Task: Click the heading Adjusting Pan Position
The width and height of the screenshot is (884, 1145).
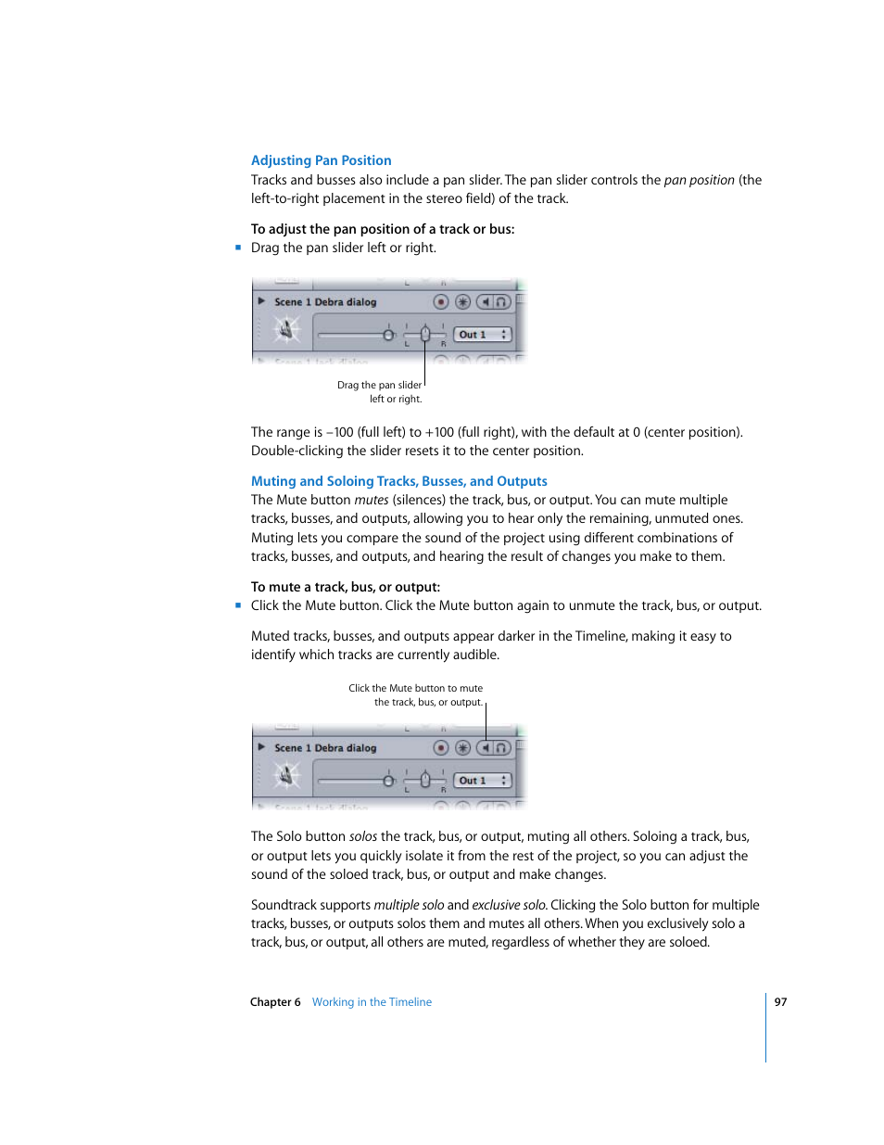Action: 321,160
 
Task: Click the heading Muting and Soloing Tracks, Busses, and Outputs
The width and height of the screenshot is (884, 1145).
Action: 398,481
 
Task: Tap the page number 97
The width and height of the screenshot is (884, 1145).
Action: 780,1002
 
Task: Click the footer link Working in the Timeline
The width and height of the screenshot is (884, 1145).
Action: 372,1002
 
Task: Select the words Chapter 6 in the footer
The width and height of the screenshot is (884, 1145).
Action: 275,1002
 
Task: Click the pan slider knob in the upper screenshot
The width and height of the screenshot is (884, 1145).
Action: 425,334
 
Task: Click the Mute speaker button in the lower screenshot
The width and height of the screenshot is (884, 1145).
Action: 486,748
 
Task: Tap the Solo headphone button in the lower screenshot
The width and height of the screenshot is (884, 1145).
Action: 501,748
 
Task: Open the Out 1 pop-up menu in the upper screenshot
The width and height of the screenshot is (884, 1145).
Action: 483,335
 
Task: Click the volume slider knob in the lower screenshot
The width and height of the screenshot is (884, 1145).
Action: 389,781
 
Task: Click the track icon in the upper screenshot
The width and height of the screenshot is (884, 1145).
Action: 286,330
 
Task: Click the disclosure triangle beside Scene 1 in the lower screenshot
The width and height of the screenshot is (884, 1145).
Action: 261,747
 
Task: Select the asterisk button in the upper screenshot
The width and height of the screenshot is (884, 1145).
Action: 462,302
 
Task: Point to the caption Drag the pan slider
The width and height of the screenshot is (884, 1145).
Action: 379,385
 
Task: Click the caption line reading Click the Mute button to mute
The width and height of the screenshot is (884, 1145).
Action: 415,688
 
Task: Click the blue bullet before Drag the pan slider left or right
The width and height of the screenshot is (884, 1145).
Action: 238,248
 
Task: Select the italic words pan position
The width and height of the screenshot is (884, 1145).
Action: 699,180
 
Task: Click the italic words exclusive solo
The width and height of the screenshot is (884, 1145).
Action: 509,905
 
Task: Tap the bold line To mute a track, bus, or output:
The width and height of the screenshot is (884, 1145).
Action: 345,587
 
